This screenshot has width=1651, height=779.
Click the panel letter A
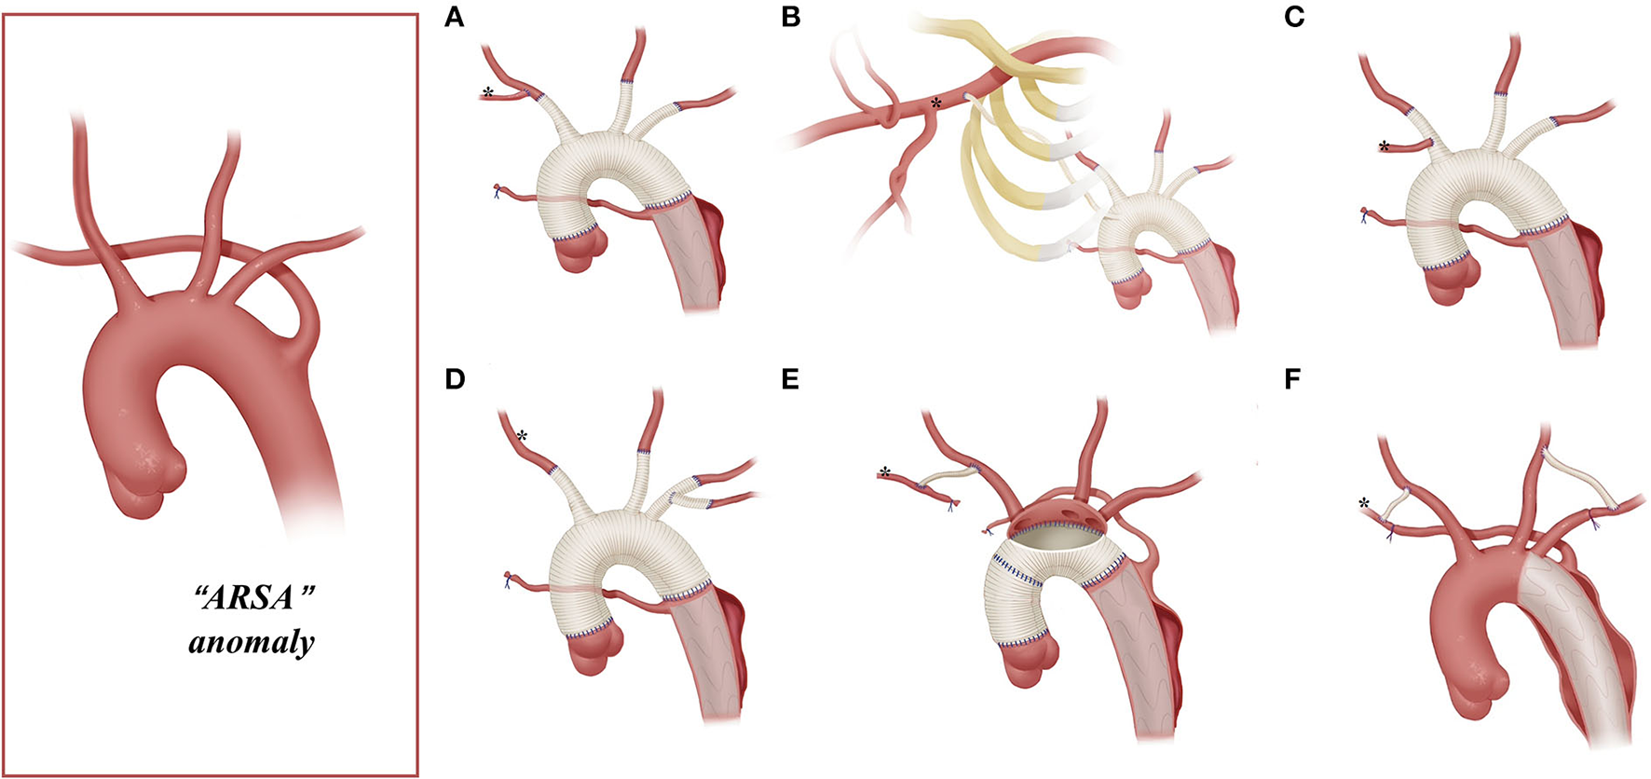[455, 18]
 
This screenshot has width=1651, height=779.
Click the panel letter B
[791, 18]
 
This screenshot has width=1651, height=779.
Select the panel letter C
[1294, 18]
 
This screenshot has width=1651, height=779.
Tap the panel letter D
[455, 381]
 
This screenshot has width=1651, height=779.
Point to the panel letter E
[791, 381]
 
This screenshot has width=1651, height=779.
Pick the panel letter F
[1293, 381]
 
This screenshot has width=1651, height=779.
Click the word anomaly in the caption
[252, 643]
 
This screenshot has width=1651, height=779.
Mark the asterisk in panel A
[487, 92]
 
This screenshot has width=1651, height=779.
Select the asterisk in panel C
[1384, 146]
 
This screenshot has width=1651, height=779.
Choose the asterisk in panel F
[1366, 504]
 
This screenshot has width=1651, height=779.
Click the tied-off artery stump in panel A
[500, 191]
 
